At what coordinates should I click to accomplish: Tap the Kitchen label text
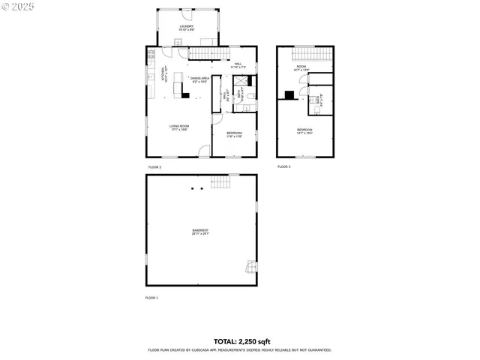coord(163,76)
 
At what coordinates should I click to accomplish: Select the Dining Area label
coord(199,79)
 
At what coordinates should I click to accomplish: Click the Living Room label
coord(178,127)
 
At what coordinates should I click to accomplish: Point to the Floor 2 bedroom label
coord(235,134)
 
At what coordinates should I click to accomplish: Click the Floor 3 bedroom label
coord(304,131)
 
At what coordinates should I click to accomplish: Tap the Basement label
coord(200,232)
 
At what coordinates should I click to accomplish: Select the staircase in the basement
coord(219,182)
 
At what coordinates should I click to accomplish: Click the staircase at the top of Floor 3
coord(304,55)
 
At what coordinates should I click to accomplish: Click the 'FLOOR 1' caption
coord(152,298)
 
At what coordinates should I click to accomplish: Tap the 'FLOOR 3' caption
coord(283,166)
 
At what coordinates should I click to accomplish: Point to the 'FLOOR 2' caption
coord(154,166)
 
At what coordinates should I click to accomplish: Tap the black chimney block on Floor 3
coord(289,94)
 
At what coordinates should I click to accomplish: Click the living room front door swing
coord(202,151)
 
